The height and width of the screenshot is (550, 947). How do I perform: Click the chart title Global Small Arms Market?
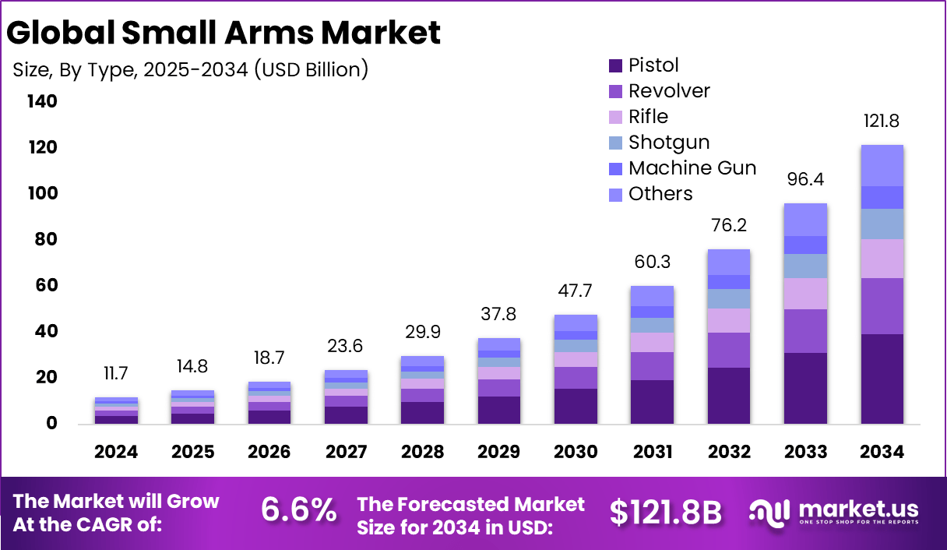click(x=224, y=33)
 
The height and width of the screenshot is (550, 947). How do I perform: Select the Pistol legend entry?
click(x=653, y=65)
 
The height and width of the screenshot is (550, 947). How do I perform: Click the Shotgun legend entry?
click(x=668, y=142)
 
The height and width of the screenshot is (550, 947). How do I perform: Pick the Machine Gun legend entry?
click(x=692, y=167)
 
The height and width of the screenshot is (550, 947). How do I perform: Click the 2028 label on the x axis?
click(x=423, y=453)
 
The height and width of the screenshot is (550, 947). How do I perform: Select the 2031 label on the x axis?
click(x=652, y=453)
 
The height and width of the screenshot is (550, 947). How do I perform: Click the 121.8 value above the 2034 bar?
click(x=882, y=122)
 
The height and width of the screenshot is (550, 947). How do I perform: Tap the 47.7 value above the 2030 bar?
click(x=576, y=291)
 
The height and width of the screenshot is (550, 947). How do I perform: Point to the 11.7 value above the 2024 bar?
click(x=117, y=374)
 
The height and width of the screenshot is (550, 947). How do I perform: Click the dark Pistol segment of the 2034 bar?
click(x=882, y=379)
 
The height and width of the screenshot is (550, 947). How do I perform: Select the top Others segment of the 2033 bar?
click(x=805, y=220)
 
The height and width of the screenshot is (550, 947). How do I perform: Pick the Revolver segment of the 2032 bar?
click(x=729, y=350)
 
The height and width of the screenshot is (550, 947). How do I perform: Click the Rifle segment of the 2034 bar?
click(x=882, y=259)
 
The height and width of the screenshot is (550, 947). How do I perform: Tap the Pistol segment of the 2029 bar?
click(x=499, y=410)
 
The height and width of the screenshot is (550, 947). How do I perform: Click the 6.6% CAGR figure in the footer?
click(x=298, y=511)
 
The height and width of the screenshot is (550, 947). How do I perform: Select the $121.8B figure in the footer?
click(x=666, y=512)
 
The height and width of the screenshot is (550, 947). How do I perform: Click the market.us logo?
click(x=833, y=512)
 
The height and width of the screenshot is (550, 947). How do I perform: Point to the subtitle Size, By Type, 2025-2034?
click(x=191, y=69)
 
